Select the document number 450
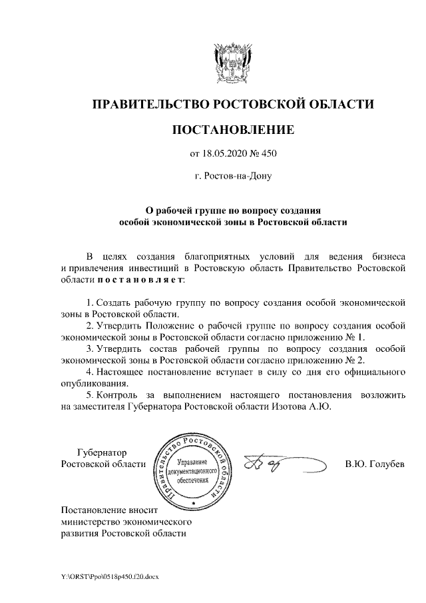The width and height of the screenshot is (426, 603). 268,155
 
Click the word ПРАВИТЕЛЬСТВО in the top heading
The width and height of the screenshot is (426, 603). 149,104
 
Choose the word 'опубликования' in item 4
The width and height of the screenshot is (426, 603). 93,382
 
